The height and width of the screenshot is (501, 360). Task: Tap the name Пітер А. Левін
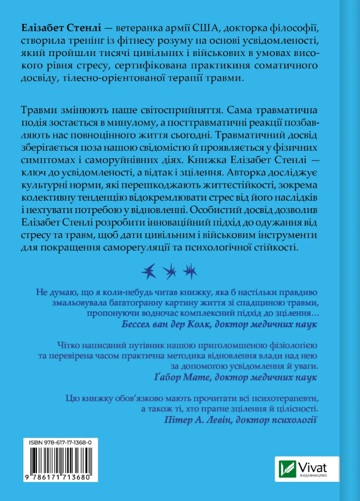point(207,420)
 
